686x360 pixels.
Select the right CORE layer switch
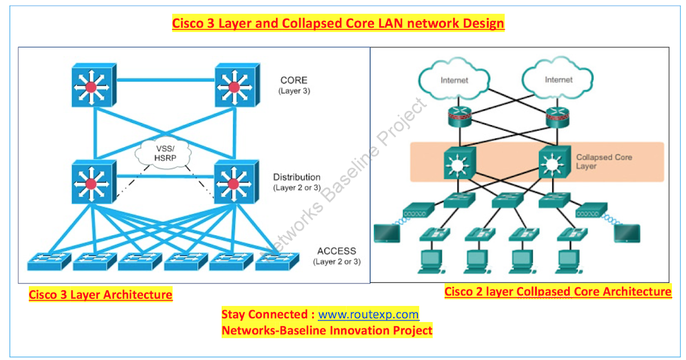click(235, 86)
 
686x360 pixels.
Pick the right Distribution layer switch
click(235, 183)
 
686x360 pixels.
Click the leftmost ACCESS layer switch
click(49, 262)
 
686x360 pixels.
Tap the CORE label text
click(294, 81)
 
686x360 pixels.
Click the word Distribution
click(296, 177)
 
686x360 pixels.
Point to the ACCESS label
click(336, 251)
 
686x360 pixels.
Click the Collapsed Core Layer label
click(603, 161)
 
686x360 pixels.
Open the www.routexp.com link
click(368, 315)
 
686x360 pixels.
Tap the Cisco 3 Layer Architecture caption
click(100, 295)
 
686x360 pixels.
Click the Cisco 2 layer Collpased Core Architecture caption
click(557, 292)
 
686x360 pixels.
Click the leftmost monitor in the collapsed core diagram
click(386, 232)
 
